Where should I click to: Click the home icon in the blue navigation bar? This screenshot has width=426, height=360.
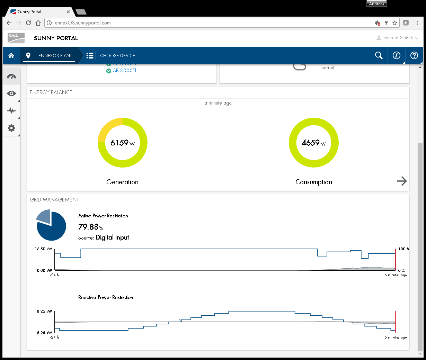(11, 55)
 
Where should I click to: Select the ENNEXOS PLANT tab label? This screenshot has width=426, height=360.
(55, 55)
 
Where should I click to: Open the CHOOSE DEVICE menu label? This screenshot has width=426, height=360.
(117, 55)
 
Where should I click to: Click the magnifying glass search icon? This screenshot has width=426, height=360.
(379, 55)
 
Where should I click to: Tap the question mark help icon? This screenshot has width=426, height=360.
(414, 55)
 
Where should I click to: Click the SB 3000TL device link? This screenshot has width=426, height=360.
(125, 71)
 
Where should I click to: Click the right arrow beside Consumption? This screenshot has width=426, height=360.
(402, 181)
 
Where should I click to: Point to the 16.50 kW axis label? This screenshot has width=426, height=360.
(44, 249)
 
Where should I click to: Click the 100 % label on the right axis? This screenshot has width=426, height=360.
(403, 249)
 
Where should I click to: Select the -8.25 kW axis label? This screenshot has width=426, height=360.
(44, 333)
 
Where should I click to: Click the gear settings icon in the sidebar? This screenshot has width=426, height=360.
(11, 128)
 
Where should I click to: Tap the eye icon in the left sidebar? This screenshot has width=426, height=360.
(11, 93)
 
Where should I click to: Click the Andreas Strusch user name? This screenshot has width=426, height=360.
(398, 38)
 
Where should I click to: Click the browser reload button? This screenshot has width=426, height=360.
(28, 23)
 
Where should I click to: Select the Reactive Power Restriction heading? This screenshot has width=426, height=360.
(106, 297)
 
